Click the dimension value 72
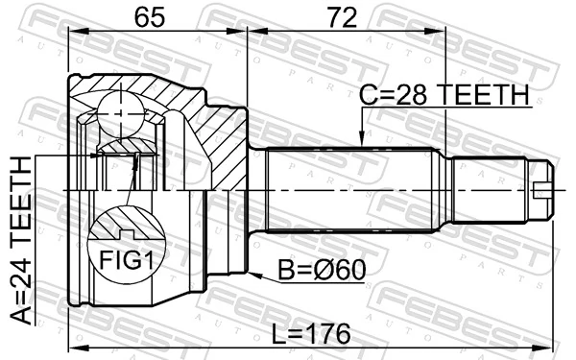point(341,16)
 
